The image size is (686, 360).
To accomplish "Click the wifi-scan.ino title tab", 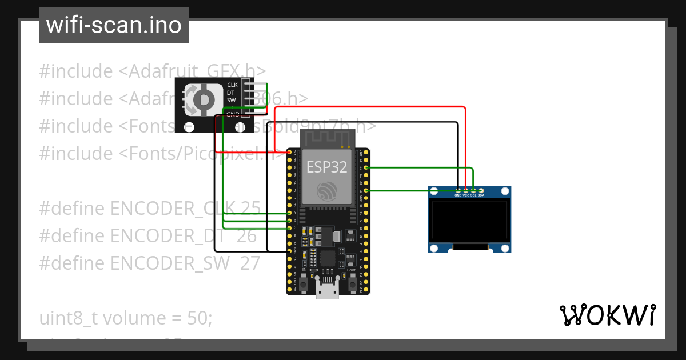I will point(113,25).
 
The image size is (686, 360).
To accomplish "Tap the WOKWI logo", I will point(607,315).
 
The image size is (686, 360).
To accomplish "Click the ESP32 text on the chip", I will point(326,167).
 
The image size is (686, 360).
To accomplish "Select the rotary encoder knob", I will point(202,100).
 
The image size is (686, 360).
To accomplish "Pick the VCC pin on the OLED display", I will point(466,190).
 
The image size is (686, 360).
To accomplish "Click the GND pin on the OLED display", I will point(458,190).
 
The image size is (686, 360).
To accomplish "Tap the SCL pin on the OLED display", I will point(473,190).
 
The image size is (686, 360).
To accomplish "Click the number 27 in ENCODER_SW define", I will point(250,263).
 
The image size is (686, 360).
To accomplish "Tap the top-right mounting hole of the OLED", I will point(505,191).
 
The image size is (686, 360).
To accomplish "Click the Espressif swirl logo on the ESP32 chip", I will point(327,191).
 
